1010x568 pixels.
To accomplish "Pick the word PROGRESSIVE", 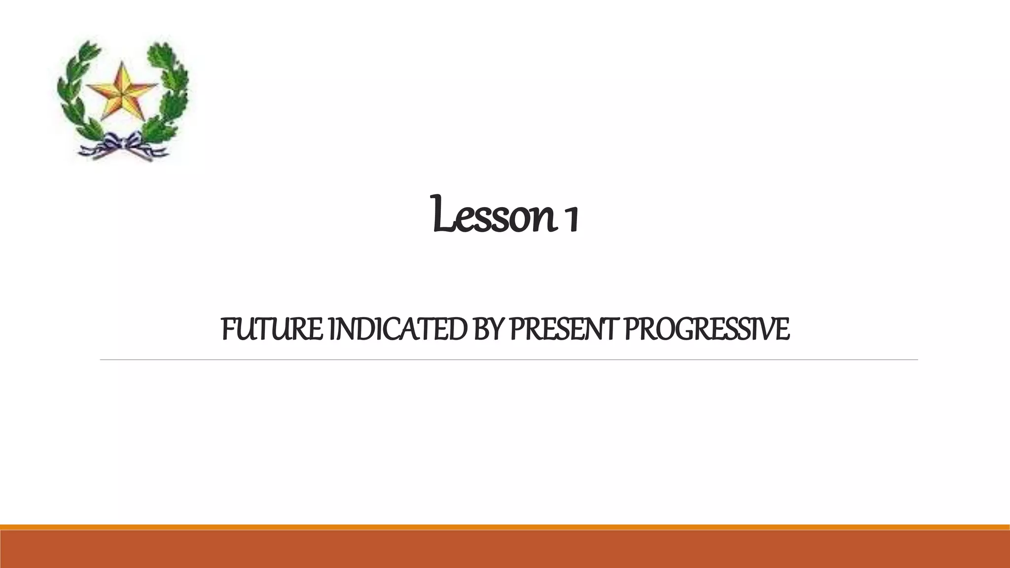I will pos(707,329).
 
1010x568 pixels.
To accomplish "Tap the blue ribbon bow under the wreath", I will pos(123,146).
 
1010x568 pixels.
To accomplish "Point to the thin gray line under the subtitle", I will pos(508,360).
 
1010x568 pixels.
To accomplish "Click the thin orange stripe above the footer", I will pos(505,527).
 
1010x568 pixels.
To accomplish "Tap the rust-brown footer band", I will pos(505,550).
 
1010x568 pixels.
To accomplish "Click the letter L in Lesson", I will pos(440,215).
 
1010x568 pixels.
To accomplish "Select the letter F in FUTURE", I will pos(227,329).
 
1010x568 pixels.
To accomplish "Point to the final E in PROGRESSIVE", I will pos(783,329).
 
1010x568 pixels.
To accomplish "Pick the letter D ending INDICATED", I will pos(458,329).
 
